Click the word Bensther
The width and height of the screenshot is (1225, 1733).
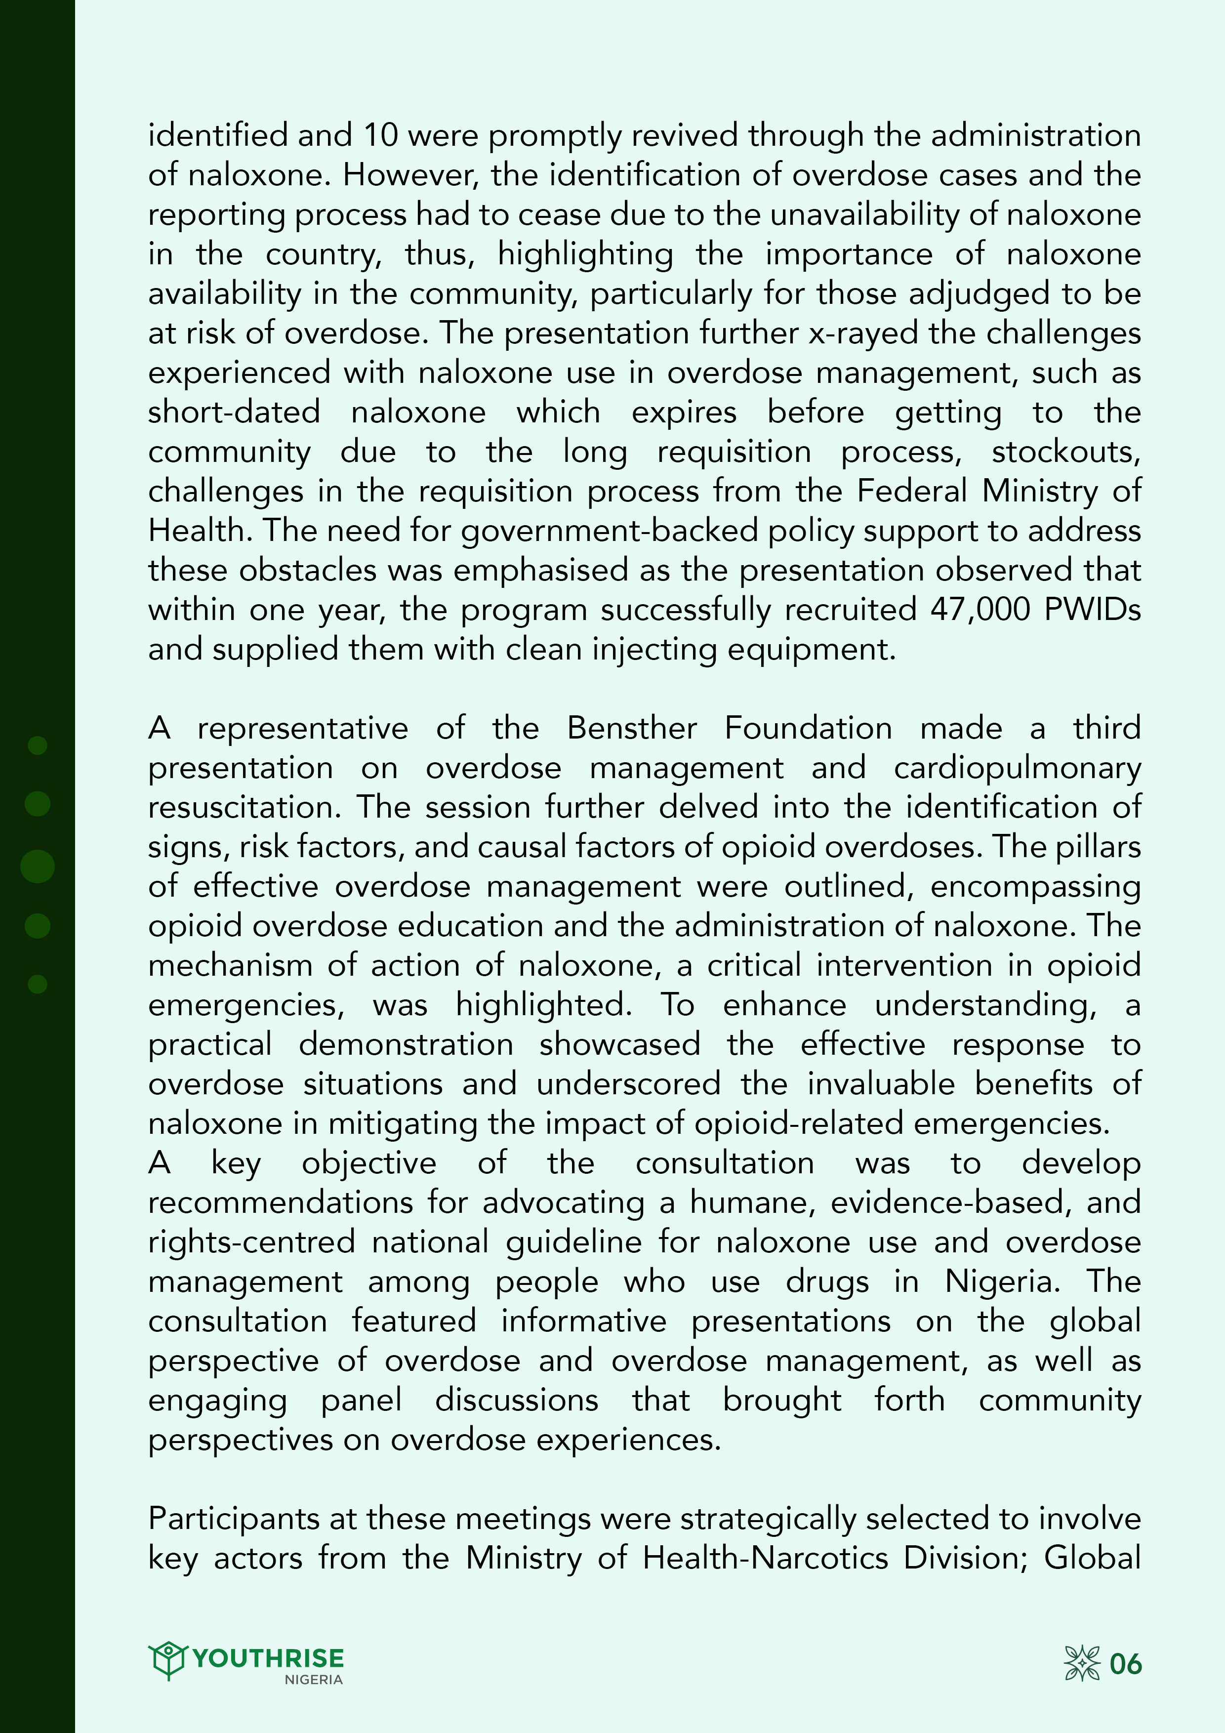pyautogui.click(x=632, y=728)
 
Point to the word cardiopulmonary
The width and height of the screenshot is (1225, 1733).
pyautogui.click(x=1017, y=768)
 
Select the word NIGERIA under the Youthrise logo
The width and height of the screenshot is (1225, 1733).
pyautogui.click(x=313, y=1680)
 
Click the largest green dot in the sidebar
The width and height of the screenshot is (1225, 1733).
pyautogui.click(x=37, y=866)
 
